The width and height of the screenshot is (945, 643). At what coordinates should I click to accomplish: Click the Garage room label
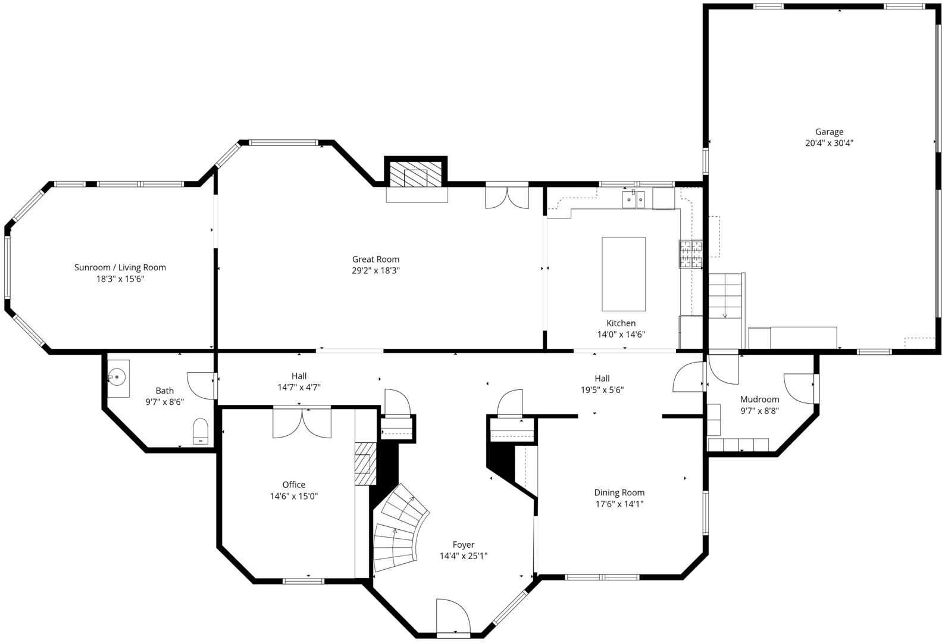point(829,132)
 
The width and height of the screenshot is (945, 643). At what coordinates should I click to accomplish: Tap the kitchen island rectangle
point(624,274)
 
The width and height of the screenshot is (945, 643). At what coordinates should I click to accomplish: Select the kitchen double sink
point(633,199)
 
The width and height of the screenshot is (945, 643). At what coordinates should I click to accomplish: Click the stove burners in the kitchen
point(690,254)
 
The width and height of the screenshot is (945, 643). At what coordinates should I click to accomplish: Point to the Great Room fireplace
point(416,176)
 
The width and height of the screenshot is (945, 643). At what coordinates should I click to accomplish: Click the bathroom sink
point(118,377)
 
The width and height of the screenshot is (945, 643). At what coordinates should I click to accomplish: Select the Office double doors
point(302,423)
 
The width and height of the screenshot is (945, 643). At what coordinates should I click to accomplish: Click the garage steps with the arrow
point(725,296)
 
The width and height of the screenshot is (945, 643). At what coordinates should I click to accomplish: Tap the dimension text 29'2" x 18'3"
point(376,270)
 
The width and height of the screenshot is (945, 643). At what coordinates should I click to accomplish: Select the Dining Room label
point(619,492)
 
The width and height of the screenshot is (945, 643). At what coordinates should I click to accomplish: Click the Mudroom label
point(759,399)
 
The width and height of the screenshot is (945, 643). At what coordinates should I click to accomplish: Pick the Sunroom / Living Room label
point(120,267)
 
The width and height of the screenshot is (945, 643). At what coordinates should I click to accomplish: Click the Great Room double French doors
point(507,197)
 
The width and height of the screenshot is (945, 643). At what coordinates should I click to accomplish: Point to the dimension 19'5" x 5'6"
point(602,390)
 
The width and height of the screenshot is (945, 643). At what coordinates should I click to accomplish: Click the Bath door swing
point(201,385)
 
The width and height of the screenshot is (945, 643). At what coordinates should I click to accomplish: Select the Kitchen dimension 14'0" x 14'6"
point(621,335)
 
